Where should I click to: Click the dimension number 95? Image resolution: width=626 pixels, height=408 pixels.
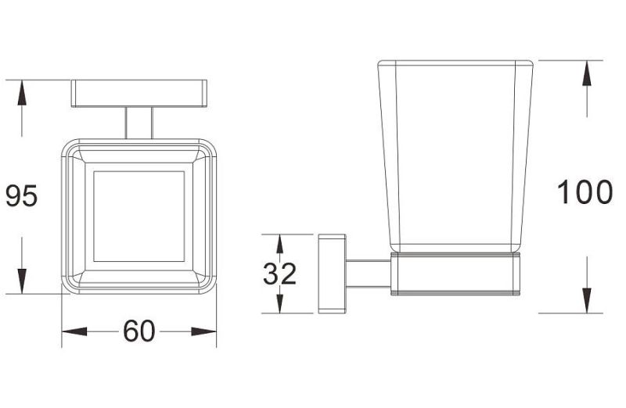pos(22,196)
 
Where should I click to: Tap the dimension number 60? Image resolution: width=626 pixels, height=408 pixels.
pos(139,331)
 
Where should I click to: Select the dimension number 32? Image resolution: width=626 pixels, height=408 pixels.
pos(279,274)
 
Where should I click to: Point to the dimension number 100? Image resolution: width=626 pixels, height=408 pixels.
pos(585,192)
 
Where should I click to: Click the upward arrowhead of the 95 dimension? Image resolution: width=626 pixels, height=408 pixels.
pos(22,92)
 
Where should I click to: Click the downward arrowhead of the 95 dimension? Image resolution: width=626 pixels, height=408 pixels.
pos(22,281)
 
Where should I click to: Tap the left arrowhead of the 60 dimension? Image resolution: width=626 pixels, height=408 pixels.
pos(74,331)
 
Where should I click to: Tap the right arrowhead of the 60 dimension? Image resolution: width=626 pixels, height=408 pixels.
pos(203,331)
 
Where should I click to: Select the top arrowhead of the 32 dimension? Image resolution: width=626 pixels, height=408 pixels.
pos(280,243)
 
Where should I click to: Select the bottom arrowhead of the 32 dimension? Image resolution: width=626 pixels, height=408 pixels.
pos(280,304)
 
